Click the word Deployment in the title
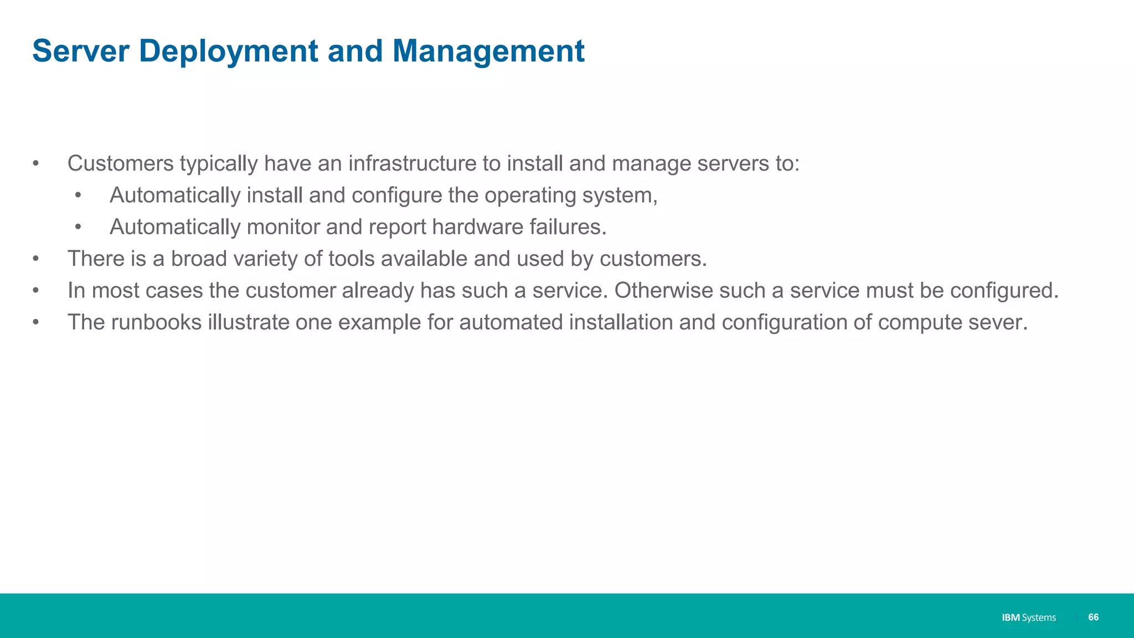pyautogui.click(x=229, y=52)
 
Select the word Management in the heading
pyautogui.click(x=488, y=52)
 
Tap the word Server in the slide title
pyautogui.click(x=80, y=52)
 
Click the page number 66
pyautogui.click(x=1093, y=617)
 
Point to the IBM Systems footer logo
pyautogui.click(x=1028, y=618)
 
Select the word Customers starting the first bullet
pyautogui.click(x=121, y=163)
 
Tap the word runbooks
pyautogui.click(x=157, y=322)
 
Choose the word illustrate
pyautogui.click(x=249, y=322)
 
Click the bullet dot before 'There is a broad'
pyautogui.click(x=36, y=259)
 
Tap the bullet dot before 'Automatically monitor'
pyautogui.click(x=78, y=227)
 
